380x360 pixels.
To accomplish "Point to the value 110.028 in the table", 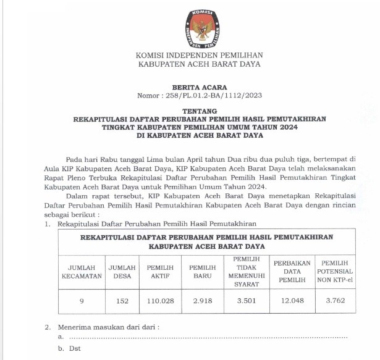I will click(x=160, y=301).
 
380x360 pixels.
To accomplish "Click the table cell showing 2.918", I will click(x=202, y=301).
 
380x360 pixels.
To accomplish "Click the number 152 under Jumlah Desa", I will click(x=122, y=301).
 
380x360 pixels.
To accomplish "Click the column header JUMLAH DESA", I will click(x=122, y=272).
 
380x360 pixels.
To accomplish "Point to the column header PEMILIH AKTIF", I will click(x=160, y=272).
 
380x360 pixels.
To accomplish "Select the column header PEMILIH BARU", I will click(x=202, y=272).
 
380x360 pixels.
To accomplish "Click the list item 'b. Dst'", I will click(x=69, y=348).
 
